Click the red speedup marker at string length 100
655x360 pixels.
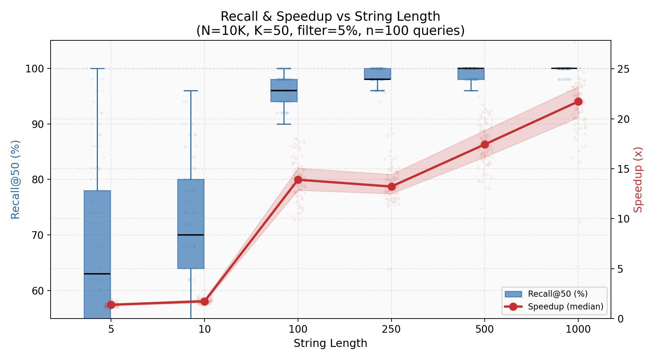pos(298,180)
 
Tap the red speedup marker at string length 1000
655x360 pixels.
pos(578,101)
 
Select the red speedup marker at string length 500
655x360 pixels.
pos(485,145)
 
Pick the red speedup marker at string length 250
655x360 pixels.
pos(392,187)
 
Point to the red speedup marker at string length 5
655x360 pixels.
pos(111,305)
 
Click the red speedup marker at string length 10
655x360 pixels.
pos(205,301)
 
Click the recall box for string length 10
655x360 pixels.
pos(191,224)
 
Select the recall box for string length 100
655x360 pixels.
pos(284,90)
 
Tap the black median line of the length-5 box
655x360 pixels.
pos(97,273)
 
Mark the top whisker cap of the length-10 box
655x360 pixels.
pos(191,91)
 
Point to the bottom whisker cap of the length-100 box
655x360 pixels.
pos(284,124)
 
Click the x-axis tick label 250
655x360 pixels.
pos(392,330)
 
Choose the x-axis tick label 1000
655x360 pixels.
pos(578,330)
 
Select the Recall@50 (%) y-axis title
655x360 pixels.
pos(15,180)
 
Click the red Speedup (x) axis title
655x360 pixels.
pos(638,180)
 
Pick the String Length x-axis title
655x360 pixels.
pos(330,343)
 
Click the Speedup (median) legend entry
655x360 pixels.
pos(565,307)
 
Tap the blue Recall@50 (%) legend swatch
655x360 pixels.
pos(513,294)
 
